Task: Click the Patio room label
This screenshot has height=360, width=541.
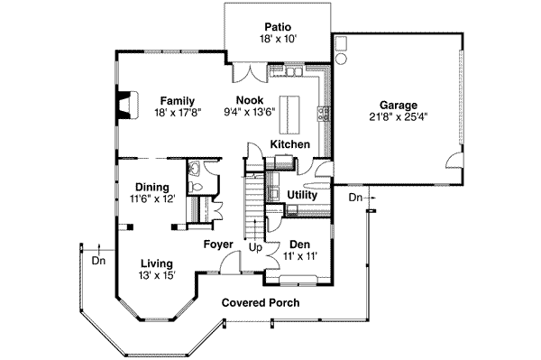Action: (278, 26)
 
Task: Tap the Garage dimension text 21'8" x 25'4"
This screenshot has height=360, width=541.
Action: (399, 117)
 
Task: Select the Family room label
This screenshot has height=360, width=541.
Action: (178, 101)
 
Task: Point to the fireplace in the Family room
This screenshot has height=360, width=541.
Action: (128, 106)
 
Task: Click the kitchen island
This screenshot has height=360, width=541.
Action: (289, 115)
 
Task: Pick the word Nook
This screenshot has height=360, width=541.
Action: (250, 100)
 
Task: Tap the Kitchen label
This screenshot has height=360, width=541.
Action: (289, 144)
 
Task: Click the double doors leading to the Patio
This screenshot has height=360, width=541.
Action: (250, 72)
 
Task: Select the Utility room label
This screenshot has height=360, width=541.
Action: (302, 195)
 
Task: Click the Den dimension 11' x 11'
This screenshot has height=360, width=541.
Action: (300, 256)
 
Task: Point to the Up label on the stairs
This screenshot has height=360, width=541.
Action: (255, 248)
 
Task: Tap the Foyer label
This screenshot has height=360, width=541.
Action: (218, 245)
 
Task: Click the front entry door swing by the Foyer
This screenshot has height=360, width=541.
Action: (230, 262)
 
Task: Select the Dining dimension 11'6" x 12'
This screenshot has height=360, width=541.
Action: (153, 198)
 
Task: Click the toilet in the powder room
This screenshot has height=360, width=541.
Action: (196, 187)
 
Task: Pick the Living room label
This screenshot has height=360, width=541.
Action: (157, 263)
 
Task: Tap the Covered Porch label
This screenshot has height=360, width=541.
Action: (261, 302)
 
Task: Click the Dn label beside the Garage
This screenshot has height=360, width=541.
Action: (355, 198)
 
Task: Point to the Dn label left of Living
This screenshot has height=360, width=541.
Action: (98, 260)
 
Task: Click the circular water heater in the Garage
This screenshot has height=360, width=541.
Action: (341, 59)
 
